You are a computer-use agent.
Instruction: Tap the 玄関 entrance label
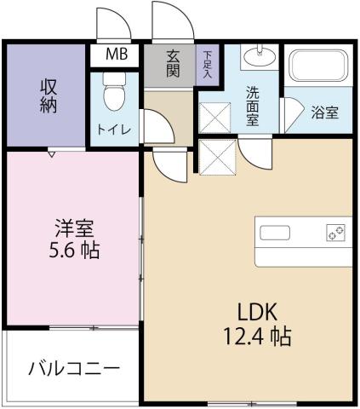(x=174, y=65)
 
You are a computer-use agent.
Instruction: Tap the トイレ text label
(x=110, y=131)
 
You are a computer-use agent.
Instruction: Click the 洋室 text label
(x=74, y=228)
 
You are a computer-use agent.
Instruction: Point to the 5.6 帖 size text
(x=75, y=253)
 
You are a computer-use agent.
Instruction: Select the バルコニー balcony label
(x=73, y=369)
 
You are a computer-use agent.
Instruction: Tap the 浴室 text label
(x=325, y=112)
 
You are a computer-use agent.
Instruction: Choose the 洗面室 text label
(x=253, y=107)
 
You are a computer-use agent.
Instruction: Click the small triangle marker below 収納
(x=54, y=154)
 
